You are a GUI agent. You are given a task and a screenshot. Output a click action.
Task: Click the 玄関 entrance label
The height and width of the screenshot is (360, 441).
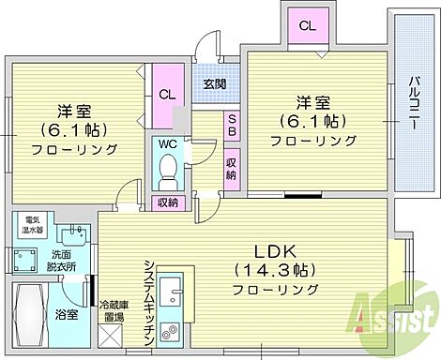214,83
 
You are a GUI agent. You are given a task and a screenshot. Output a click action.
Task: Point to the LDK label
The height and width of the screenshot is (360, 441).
274,251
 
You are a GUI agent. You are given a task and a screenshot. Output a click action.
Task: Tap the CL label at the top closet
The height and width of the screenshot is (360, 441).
307,26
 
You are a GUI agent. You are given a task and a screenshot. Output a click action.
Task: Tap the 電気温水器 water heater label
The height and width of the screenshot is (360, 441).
34,224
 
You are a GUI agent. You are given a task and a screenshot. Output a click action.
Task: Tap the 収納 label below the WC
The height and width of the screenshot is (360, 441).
167,202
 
